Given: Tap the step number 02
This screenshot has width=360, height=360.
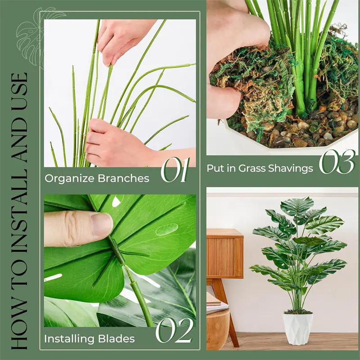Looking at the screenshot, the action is (x=175, y=330).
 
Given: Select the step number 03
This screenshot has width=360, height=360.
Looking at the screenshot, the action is (x=337, y=162).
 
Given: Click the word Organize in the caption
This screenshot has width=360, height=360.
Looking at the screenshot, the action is (x=70, y=179).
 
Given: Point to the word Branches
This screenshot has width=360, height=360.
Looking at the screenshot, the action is (x=124, y=178).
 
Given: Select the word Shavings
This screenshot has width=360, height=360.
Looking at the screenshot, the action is (x=291, y=168).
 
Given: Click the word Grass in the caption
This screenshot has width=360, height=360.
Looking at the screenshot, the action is (x=252, y=168).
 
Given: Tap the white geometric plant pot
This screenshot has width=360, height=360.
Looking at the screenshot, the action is (x=297, y=328).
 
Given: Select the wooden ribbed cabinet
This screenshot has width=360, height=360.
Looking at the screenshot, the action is (x=225, y=253).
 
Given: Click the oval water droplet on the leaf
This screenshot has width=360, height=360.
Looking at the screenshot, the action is (x=167, y=229).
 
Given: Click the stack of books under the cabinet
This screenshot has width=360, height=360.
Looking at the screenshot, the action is (x=217, y=303).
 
